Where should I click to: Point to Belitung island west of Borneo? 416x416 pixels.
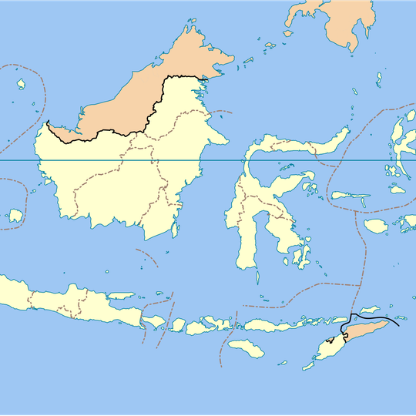(x=15, y=216)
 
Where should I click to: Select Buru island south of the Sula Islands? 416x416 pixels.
(x=376, y=225)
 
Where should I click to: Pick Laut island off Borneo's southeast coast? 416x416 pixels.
(x=176, y=228)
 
